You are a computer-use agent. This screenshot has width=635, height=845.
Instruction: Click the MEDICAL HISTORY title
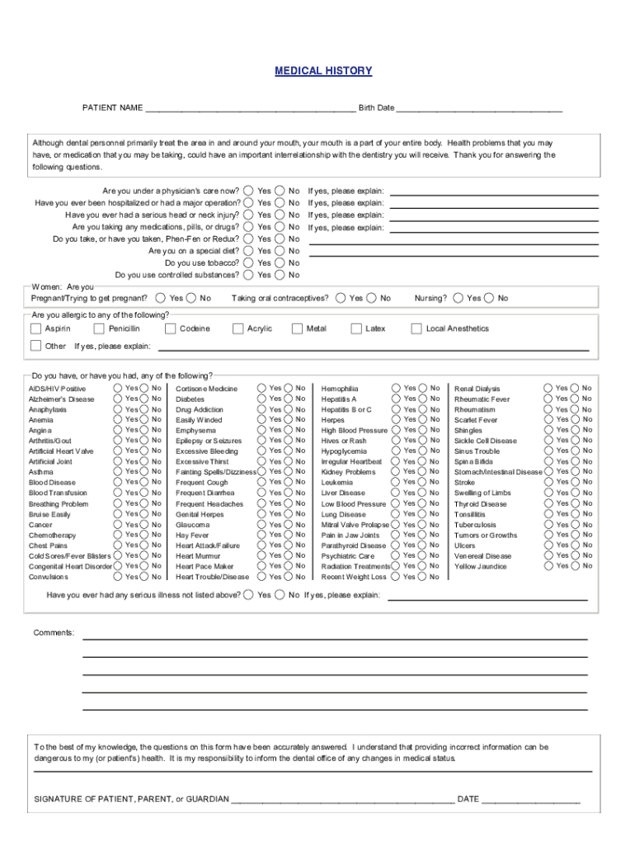coord(323,71)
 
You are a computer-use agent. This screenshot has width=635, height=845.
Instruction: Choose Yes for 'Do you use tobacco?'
coord(248,262)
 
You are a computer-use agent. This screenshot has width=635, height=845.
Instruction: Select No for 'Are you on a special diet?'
coord(280,251)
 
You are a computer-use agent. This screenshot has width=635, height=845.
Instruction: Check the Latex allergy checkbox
coord(357,328)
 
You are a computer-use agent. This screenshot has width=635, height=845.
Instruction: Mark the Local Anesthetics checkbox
coord(416,328)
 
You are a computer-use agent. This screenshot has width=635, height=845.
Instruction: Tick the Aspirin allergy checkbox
coord(36,328)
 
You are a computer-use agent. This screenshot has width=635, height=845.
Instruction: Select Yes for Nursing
coord(459,298)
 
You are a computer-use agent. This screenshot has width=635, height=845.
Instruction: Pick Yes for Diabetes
coord(261,398)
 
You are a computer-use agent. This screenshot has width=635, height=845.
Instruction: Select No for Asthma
coord(145,471)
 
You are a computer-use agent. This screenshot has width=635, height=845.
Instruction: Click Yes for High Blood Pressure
coord(395,429)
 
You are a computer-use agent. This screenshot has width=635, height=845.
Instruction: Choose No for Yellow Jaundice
coord(574,565)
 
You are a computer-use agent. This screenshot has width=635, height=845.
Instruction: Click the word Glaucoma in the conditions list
coord(192,525)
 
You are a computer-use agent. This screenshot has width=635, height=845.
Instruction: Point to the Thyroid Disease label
coord(481,504)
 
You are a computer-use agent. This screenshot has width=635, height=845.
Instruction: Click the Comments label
coord(54,633)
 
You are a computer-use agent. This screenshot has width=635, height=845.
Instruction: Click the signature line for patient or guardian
coord(342,799)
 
